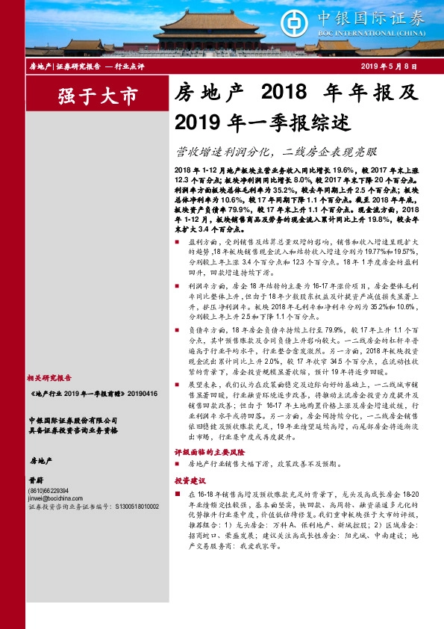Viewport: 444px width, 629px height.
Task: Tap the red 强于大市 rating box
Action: (x=99, y=96)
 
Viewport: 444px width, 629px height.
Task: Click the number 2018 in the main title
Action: (x=284, y=93)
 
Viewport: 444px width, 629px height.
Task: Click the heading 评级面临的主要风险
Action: (x=210, y=453)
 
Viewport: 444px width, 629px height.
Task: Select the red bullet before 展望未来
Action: (x=178, y=384)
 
